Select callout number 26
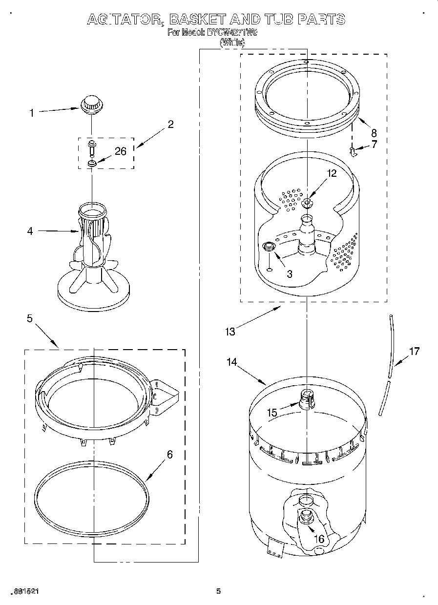[120, 151]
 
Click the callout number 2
[170, 124]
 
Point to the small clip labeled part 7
[354, 152]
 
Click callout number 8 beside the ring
[374, 132]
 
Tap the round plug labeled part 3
[268, 248]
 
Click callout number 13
[230, 332]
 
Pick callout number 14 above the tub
[231, 362]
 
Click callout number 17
[414, 351]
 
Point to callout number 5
[30, 318]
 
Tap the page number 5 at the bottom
[219, 591]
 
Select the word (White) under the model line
[232, 42]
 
